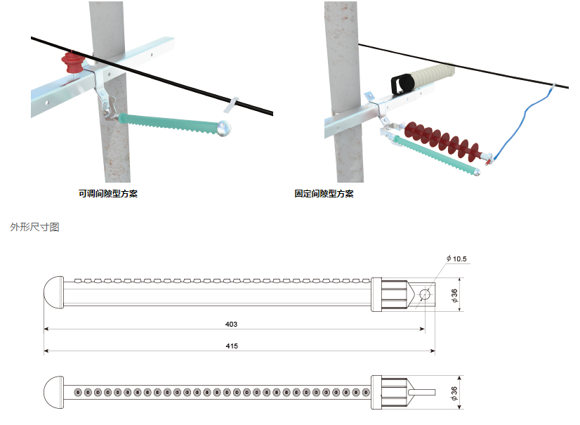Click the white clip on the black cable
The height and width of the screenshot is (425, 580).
[230, 105]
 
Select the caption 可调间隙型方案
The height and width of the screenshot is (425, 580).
[108, 193]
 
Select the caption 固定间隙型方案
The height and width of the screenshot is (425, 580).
[324, 193]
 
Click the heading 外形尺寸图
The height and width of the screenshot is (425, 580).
[35, 228]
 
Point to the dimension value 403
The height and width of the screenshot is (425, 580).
[232, 324]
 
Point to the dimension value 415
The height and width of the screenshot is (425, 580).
[232, 346]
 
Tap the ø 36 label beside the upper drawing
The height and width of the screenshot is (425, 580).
[455, 293]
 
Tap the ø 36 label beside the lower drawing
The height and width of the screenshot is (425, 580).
[455, 393]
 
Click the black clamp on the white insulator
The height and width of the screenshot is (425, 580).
[402, 83]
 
